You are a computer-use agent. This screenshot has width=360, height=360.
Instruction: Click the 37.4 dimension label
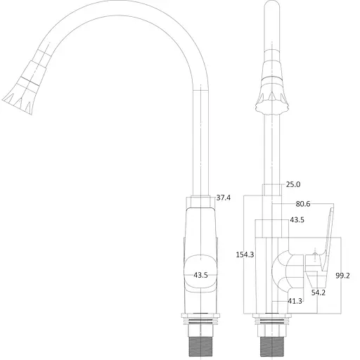(x=223, y=198)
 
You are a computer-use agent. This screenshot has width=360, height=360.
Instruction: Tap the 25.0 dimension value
(x=292, y=185)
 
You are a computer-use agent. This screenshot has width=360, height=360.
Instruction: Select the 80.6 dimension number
(x=304, y=205)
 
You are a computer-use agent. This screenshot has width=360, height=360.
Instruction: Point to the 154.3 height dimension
(x=244, y=255)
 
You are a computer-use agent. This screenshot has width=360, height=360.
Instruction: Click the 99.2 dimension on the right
(x=344, y=275)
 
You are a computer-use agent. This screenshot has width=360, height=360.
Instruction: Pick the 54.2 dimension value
(x=319, y=291)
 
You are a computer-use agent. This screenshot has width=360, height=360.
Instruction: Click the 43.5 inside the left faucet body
(x=200, y=275)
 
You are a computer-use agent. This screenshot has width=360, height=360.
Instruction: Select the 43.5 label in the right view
(x=297, y=220)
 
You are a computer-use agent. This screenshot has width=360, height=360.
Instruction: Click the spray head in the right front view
(x=271, y=88)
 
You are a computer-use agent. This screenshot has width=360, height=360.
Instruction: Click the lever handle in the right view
(x=326, y=239)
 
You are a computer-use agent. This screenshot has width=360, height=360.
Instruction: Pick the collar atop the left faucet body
(x=201, y=200)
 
